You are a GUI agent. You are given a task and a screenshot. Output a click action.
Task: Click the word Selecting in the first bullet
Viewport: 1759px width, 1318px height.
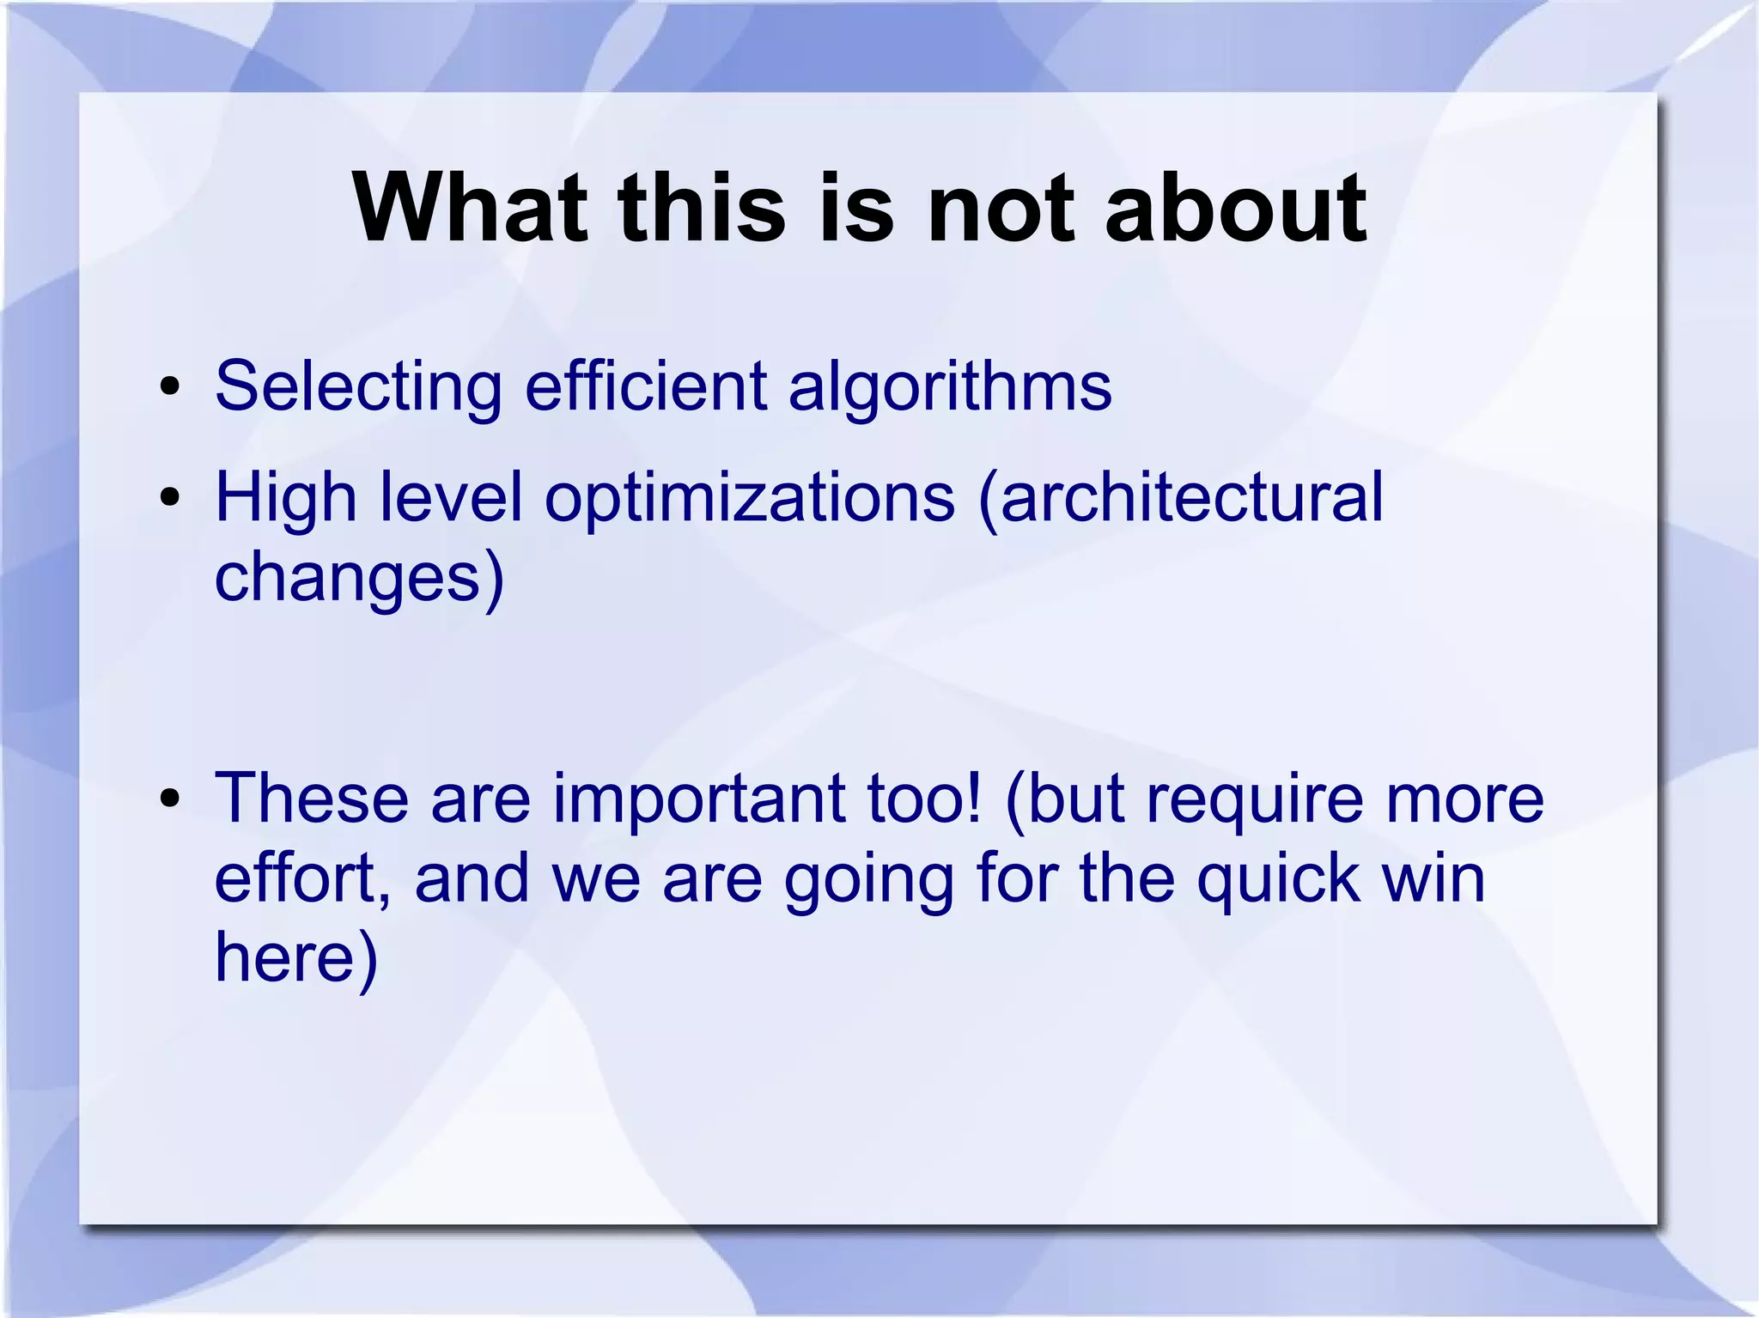pyautogui.click(x=358, y=387)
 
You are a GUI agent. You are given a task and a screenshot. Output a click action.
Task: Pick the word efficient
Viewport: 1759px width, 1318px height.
pyautogui.click(x=645, y=387)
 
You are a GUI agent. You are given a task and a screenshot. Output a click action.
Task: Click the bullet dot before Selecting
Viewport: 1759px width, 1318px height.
pyautogui.click(x=170, y=387)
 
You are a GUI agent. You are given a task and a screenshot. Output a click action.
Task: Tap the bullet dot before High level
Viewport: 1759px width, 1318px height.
pyautogui.click(x=170, y=497)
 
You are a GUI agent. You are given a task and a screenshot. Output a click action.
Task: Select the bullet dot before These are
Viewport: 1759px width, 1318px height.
pyautogui.click(x=170, y=799)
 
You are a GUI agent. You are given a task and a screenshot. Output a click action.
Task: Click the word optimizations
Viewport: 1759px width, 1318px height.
pyautogui.click(x=749, y=499)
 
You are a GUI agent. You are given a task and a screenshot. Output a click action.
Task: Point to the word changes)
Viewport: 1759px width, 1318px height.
pyautogui.click(x=359, y=577)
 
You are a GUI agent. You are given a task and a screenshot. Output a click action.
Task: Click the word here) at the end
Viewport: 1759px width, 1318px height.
pyautogui.click(x=295, y=957)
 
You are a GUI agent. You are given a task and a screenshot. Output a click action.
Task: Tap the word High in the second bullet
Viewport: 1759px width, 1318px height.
pyautogui.click(x=284, y=499)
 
